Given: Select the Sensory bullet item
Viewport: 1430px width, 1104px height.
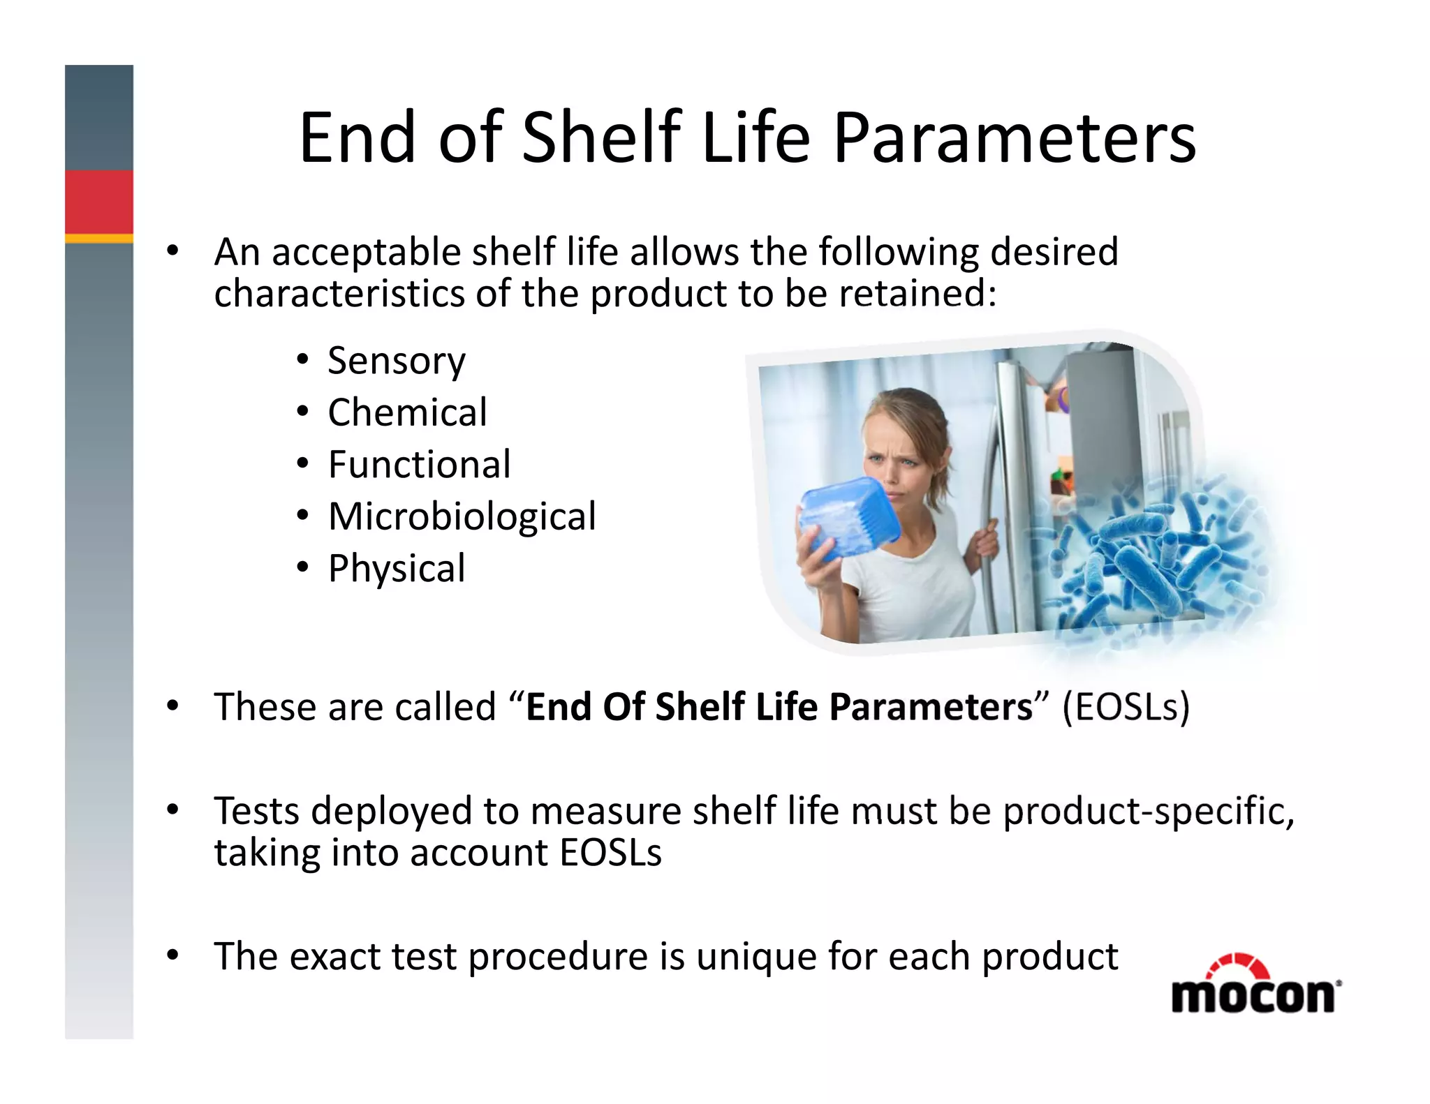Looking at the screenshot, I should click(396, 361).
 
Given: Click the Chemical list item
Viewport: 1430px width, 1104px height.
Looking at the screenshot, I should click(407, 412).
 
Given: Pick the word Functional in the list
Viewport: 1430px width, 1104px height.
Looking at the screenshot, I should click(419, 464).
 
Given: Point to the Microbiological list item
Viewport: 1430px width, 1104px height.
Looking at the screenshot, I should click(462, 516).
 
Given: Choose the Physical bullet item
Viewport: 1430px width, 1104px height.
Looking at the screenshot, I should click(396, 568).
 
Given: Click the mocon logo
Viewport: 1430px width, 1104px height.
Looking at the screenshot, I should click(1255, 985).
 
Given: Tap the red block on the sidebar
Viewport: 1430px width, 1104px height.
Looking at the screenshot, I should click(99, 202).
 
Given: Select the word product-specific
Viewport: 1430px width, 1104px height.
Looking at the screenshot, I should click(1149, 812).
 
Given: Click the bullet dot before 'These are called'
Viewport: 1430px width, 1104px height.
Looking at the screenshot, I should click(172, 706).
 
